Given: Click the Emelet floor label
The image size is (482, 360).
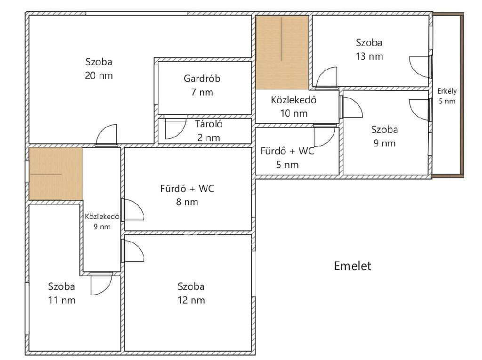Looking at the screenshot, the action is (x=352, y=266).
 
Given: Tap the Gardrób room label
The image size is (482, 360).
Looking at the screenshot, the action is (x=202, y=79).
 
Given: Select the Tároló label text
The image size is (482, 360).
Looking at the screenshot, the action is (x=209, y=124).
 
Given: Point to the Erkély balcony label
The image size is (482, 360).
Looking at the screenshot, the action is (x=447, y=91).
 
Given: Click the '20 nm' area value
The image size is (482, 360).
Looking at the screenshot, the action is (x=99, y=76).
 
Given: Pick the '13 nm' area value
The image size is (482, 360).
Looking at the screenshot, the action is (x=369, y=56).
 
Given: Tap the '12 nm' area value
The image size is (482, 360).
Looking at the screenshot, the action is (x=191, y=300).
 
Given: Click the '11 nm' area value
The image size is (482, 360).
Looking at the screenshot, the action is (x=62, y=300).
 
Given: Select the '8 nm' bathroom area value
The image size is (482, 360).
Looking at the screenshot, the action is (x=187, y=202).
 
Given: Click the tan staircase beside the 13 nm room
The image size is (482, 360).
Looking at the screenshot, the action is (x=282, y=53).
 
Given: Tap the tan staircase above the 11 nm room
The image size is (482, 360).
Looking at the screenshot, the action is (x=56, y=174).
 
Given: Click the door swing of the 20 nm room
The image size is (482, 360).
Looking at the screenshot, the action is (x=107, y=134).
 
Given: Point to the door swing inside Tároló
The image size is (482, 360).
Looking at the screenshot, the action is (x=175, y=128).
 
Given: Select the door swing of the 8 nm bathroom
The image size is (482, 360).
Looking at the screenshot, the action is (x=133, y=210).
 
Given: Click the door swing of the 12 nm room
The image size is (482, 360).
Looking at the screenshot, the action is (x=133, y=251).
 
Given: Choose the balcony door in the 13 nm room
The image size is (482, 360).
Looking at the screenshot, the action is (x=419, y=67).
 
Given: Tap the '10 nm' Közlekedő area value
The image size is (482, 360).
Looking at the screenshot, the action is (x=294, y=113).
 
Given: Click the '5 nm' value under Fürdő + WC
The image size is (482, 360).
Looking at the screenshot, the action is (x=287, y=165).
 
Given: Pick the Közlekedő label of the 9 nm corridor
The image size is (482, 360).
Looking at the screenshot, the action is (x=102, y=216).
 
